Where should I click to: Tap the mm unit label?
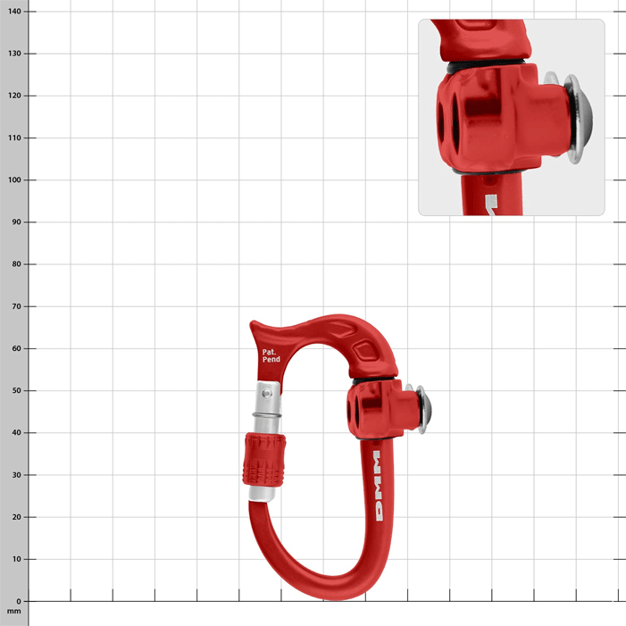(x=13, y=612)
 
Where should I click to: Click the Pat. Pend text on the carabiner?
(x=271, y=355)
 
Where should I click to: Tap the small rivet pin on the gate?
(x=264, y=390)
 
